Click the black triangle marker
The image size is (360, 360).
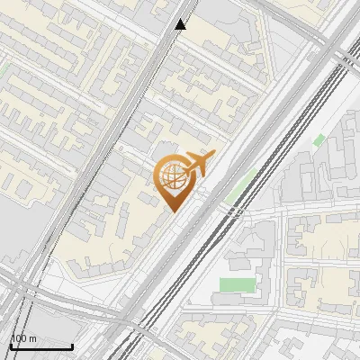coord(181,24)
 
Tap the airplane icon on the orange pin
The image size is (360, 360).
coord(197,164)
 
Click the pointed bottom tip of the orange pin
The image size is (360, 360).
coord(174,211)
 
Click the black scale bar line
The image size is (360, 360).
coord(41,346)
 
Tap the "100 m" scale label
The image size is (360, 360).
coord(23,338)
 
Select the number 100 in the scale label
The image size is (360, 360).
coord(19,338)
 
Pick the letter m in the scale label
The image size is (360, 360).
coord(32,338)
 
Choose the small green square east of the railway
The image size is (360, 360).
coord(319,140)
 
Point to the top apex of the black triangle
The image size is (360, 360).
coord(181,19)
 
